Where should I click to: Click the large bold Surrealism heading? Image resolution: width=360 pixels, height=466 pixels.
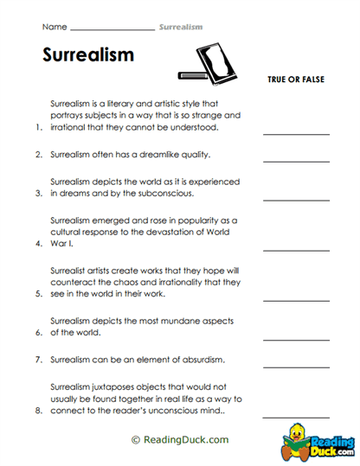tap(87, 55)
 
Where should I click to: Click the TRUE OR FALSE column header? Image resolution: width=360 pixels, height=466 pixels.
tap(296, 80)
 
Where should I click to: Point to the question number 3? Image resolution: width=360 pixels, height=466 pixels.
tap(39, 195)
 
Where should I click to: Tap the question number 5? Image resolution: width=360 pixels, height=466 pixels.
tap(39, 294)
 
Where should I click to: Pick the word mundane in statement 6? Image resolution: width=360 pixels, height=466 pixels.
tap(172, 320)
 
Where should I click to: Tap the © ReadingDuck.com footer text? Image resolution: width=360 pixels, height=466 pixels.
tap(180, 439)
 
